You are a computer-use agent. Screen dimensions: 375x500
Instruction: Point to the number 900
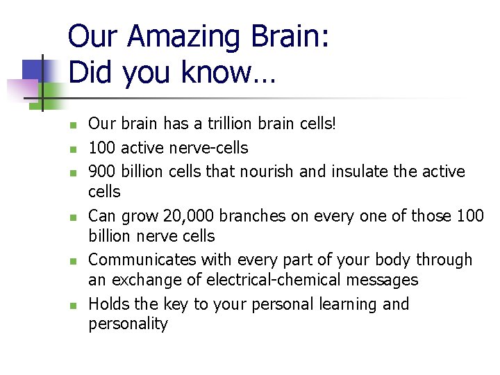coord(103,171)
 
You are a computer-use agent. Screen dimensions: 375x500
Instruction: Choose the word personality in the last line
coord(128,324)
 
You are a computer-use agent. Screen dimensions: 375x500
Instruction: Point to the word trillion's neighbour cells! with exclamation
coord(314,124)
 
